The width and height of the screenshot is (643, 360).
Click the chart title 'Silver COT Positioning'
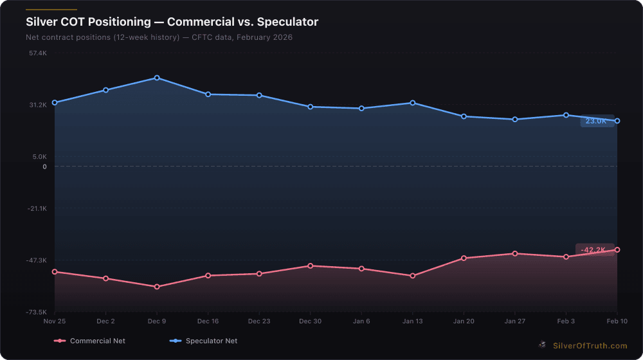(172, 22)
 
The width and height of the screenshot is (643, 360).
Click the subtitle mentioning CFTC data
(159, 37)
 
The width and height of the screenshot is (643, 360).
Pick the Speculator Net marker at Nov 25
(55, 103)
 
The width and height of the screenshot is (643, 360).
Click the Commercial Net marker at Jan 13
(412, 276)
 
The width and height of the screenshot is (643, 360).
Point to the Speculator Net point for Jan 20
(464, 116)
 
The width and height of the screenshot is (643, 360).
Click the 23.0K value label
(596, 121)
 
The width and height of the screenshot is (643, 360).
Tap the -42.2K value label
(593, 250)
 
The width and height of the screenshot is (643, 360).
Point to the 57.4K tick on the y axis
(38, 53)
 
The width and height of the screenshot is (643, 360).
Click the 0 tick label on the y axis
(44, 166)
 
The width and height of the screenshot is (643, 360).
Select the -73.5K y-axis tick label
(37, 312)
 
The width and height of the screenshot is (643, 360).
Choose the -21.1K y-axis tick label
(37, 208)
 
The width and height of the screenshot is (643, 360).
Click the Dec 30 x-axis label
(310, 321)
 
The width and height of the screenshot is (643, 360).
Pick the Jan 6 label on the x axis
(361, 321)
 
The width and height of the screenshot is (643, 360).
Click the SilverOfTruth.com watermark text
(590, 346)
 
